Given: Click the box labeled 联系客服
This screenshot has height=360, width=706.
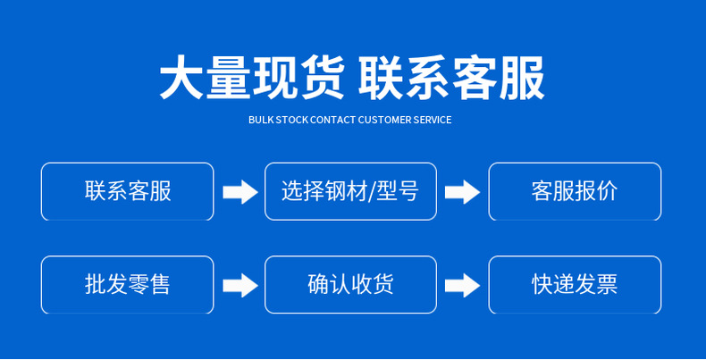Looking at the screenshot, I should [x=127, y=191].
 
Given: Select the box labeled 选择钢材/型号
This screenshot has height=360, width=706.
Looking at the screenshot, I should [x=350, y=191].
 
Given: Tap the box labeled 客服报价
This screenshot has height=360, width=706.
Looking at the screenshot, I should [x=574, y=191].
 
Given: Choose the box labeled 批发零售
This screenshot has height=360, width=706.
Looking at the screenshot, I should [x=127, y=285].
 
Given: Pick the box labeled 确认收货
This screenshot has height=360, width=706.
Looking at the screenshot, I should [x=350, y=285].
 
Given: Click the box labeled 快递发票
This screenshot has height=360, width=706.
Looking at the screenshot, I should [x=574, y=285].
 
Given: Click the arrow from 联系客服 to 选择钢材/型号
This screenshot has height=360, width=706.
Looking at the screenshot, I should [x=240, y=192].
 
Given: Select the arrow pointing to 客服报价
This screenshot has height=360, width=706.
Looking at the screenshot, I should [x=463, y=192].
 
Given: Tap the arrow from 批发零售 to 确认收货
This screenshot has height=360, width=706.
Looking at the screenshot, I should [x=240, y=286].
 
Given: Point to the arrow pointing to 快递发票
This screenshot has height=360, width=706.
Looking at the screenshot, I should [x=463, y=286].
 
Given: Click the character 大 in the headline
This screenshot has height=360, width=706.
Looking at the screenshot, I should [x=181, y=79].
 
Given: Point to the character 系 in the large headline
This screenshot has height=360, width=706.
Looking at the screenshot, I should [x=427, y=79].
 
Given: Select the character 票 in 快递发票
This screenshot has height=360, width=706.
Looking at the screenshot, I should [x=606, y=285].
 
